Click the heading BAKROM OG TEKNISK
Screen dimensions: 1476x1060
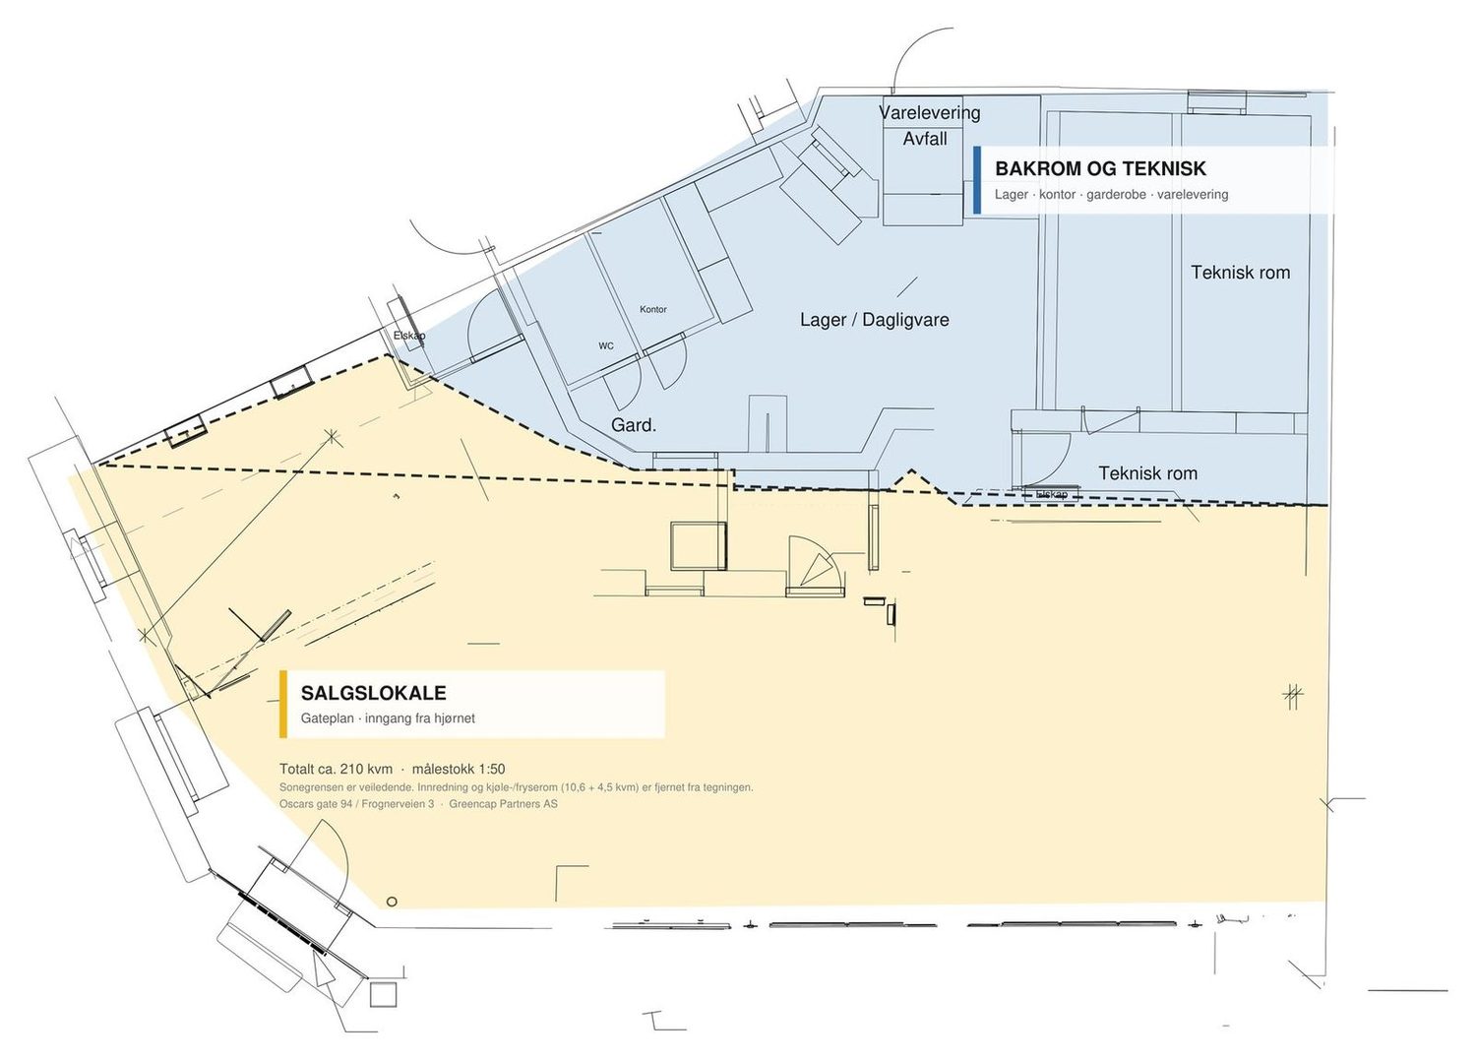point(1100,168)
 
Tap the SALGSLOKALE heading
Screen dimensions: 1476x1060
point(374,693)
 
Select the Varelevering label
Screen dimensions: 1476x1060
point(930,113)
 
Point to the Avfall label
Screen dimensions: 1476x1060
point(925,139)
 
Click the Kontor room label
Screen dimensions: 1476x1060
point(653,309)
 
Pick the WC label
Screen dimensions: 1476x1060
point(606,346)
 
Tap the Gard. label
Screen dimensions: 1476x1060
point(634,425)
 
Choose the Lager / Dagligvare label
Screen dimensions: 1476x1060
point(875,321)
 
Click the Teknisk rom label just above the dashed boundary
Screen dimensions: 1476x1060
point(1148,473)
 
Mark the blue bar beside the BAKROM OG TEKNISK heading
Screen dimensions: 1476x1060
point(977,180)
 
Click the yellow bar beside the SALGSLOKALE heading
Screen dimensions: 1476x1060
point(283,704)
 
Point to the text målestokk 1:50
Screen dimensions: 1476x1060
point(459,770)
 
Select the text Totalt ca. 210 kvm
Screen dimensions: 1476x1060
point(337,770)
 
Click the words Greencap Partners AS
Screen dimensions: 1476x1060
point(504,804)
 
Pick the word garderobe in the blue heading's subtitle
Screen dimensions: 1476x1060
point(1116,195)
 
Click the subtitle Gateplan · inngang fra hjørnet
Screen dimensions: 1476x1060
point(388,718)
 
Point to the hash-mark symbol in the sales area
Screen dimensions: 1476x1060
point(1294,696)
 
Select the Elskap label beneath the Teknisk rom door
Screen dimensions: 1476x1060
point(1052,494)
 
